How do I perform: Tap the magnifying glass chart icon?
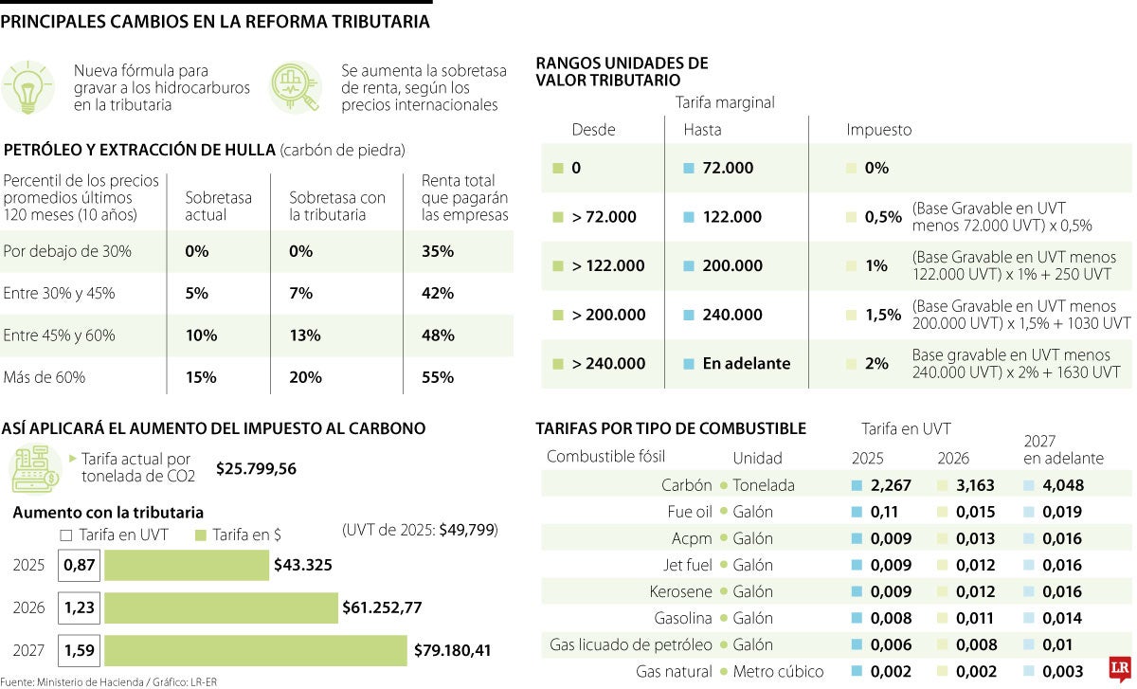(295, 88)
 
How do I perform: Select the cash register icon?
(34, 467)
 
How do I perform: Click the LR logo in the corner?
(1122, 668)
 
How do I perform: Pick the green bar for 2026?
(221, 607)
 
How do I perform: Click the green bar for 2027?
(256, 651)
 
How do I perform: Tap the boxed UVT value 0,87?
(79, 565)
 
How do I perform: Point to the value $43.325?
(302, 565)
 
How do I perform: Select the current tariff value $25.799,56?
(256, 468)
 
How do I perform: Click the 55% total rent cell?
(438, 377)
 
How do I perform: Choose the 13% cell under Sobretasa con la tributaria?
(301, 335)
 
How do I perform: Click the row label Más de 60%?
(45, 377)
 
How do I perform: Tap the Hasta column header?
(702, 130)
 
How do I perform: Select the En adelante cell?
(746, 364)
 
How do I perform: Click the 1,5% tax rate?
(882, 315)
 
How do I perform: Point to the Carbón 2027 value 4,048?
(1063, 485)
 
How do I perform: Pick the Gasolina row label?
(683, 618)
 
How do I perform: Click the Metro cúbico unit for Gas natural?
(778, 671)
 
